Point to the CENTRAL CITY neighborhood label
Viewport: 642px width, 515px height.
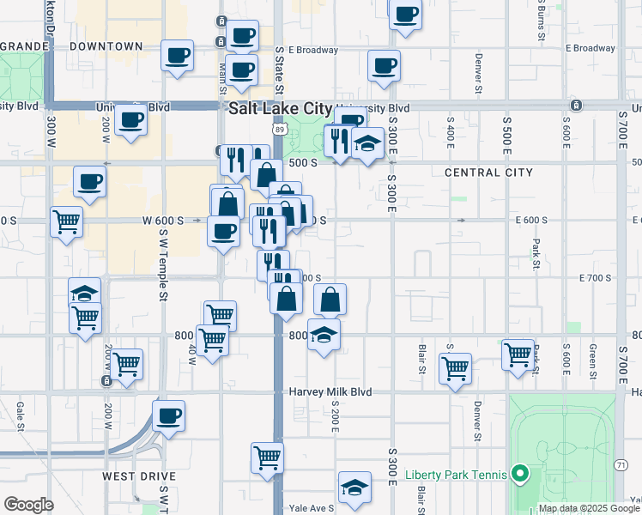coord(488,173)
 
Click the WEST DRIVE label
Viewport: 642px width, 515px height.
coord(139,476)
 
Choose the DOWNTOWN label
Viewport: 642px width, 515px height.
coord(106,45)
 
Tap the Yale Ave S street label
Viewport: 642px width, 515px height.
coord(311,508)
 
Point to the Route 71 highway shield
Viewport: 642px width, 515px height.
coord(621,464)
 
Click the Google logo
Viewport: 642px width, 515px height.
coord(28,505)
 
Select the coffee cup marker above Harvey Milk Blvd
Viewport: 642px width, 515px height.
coord(169,417)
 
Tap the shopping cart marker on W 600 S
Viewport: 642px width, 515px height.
coord(66,222)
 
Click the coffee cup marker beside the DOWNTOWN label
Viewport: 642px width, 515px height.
coord(178,57)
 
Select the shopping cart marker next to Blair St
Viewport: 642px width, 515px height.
coord(455,368)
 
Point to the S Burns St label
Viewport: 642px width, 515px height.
coord(542,21)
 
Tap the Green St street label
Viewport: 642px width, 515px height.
coord(593,360)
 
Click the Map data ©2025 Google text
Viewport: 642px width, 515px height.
coord(589,508)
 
